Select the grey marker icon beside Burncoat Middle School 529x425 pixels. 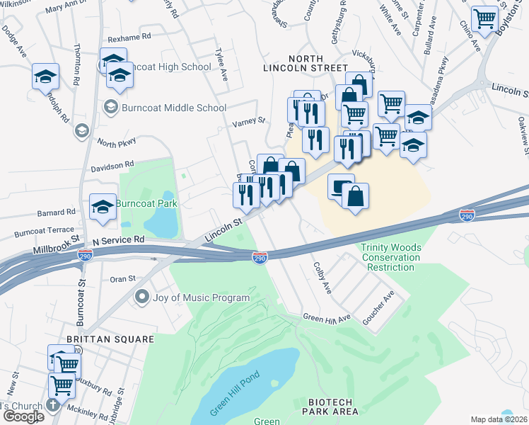pyautogui.click(x=110, y=108)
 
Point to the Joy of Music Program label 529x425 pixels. pyautogui.click(x=202, y=297)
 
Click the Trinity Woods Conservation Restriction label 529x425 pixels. pyautogui.click(x=391, y=257)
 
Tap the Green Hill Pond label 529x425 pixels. pyautogui.click(x=236, y=394)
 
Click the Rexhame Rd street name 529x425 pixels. pyautogui.click(x=129, y=36)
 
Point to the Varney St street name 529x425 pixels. pyautogui.click(x=249, y=121)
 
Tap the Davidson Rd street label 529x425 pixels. pyautogui.click(x=112, y=165)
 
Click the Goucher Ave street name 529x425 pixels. pyautogui.click(x=379, y=307)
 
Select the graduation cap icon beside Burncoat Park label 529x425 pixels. pyautogui.click(x=103, y=206)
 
